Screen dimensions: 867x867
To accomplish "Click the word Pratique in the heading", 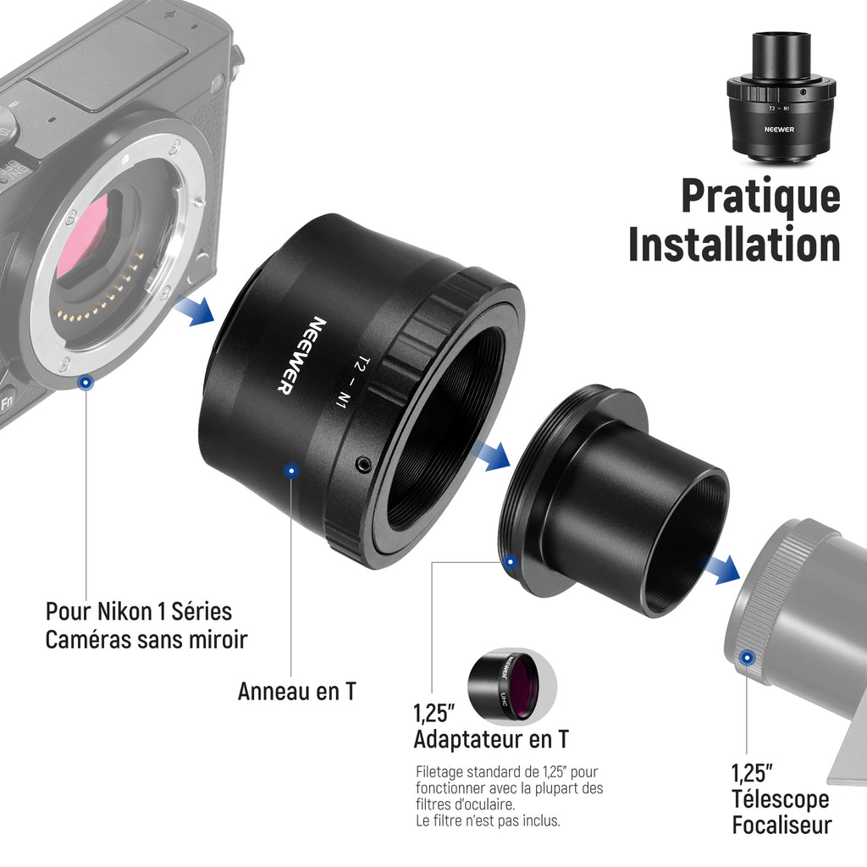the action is click(x=761, y=196).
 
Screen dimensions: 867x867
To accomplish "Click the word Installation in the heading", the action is click(x=734, y=245).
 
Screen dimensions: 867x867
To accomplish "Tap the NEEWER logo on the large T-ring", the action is click(x=301, y=356).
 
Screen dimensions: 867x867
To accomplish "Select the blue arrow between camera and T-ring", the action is click(x=196, y=310).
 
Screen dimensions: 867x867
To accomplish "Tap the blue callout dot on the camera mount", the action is click(x=86, y=382).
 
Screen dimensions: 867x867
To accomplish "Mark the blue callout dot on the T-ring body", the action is click(x=291, y=471).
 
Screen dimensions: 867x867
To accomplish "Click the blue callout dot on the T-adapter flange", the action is click(x=511, y=562).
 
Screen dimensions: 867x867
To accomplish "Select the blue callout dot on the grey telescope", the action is click(x=747, y=658).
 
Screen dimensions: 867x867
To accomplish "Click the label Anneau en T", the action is click(x=297, y=691).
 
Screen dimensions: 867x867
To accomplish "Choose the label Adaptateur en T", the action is click(x=491, y=739).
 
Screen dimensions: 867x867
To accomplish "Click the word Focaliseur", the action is click(x=781, y=825).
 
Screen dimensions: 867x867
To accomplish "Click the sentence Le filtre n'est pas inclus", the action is click(x=489, y=820).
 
